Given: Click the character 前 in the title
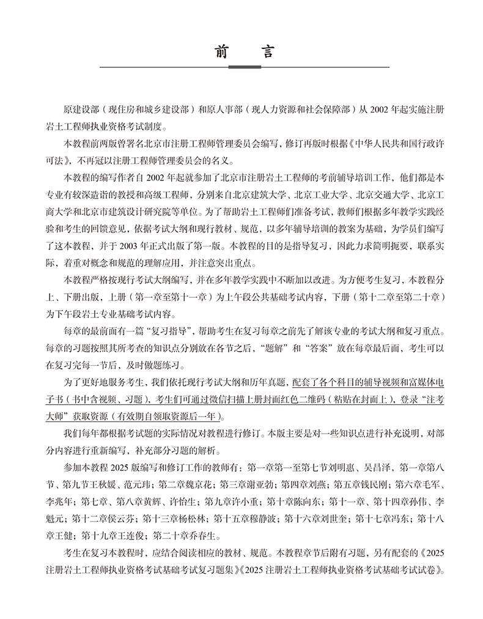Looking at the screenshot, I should (x=221, y=51).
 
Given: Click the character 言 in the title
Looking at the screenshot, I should (x=267, y=51).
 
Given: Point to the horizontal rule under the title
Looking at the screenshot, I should (x=244, y=66).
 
